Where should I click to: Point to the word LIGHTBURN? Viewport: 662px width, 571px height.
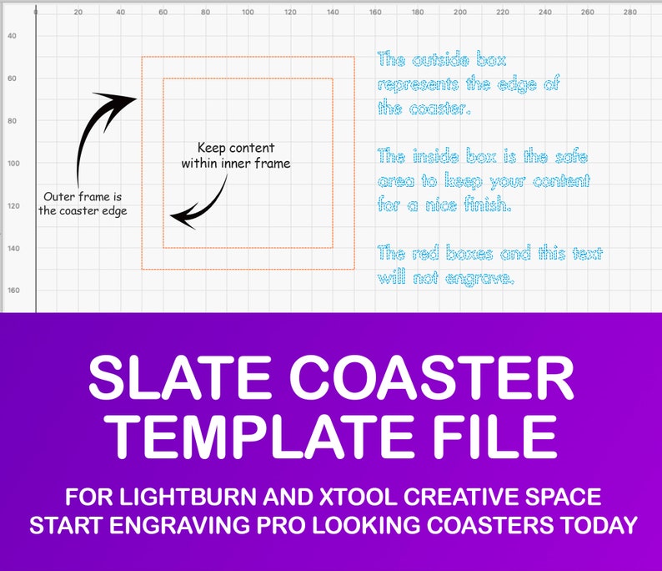click(x=188, y=497)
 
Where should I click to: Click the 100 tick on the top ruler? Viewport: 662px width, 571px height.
click(x=248, y=12)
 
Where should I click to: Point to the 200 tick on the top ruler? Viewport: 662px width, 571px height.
click(x=460, y=12)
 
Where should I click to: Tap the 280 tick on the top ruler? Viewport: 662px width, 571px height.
click(x=630, y=12)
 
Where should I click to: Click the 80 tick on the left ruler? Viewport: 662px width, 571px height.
click(x=12, y=121)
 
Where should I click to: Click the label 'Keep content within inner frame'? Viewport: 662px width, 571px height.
click(x=236, y=156)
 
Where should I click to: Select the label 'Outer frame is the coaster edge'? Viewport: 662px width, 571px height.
click(x=83, y=204)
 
